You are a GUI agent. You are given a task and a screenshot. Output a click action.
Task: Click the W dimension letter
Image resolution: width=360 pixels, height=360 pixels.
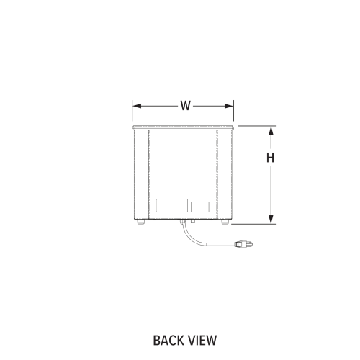[x=186, y=106]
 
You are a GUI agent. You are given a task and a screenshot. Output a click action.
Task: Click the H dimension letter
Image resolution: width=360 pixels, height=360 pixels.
[x=271, y=158]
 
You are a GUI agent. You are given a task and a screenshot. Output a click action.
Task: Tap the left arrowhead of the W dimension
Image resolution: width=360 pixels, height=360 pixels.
[x=137, y=106]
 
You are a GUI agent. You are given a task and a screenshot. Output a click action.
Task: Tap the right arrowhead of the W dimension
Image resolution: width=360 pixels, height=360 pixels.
[x=229, y=106]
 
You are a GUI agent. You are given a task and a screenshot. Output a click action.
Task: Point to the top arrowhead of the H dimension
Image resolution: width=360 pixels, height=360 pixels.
[x=271, y=130]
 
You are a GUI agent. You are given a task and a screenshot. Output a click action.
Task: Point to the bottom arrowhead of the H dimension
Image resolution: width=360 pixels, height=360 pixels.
[x=271, y=220]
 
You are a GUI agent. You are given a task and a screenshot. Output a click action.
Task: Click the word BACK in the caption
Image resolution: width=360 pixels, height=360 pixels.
[x=169, y=341]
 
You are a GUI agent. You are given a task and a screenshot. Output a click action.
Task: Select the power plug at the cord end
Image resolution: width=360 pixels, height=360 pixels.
[x=244, y=244]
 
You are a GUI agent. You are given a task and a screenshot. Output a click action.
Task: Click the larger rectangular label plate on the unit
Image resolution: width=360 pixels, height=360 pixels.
[x=172, y=205]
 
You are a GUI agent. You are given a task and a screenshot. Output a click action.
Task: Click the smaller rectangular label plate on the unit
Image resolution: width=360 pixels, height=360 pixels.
[x=200, y=207]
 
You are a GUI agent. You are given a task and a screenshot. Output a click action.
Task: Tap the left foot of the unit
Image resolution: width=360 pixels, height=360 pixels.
[x=141, y=222]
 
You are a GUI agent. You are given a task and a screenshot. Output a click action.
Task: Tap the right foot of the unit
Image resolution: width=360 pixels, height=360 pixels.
[x=225, y=222]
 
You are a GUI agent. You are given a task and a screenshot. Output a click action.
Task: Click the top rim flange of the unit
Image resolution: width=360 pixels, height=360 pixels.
[x=183, y=128]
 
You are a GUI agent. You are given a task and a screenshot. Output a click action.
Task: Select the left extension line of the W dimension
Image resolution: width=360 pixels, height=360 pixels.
[x=132, y=111]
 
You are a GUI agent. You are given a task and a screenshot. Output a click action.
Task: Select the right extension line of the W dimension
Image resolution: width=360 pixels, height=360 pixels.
[x=233, y=111]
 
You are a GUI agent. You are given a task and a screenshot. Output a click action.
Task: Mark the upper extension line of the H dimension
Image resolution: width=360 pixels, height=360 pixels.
[x=257, y=126]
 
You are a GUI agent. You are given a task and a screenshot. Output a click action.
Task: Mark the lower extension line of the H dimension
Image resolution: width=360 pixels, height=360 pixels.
[x=253, y=224]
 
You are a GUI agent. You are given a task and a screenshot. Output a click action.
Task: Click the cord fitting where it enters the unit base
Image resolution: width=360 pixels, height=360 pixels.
[x=182, y=221]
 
